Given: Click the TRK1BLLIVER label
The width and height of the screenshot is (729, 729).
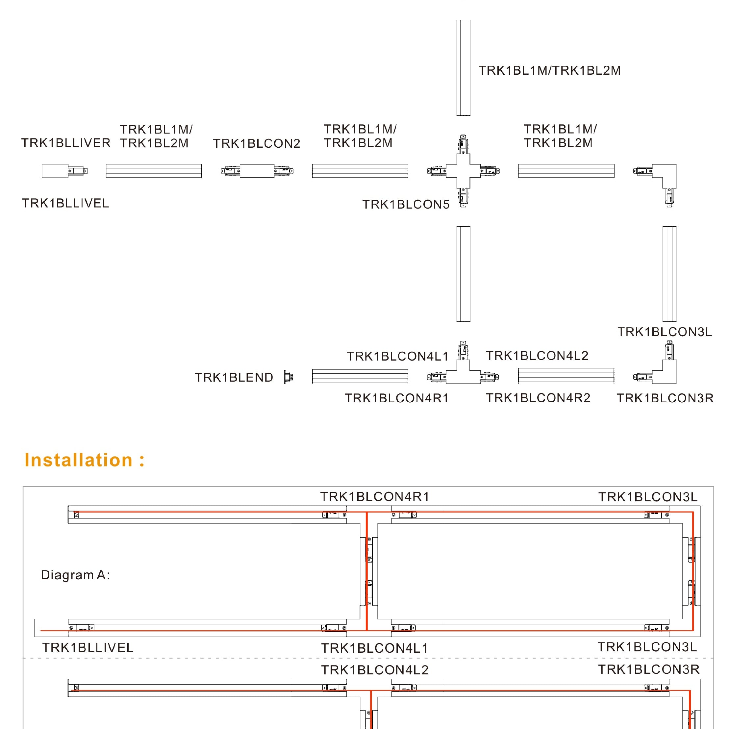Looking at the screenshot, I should (66, 143).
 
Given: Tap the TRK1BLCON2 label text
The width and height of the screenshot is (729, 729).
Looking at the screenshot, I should (257, 143).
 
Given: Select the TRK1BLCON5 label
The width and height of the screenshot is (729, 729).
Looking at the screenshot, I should (406, 205).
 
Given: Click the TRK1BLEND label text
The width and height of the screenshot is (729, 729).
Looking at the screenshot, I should (234, 377).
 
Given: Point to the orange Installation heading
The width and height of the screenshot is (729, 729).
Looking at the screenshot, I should (85, 460).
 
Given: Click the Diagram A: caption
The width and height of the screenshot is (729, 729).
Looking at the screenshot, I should (75, 575).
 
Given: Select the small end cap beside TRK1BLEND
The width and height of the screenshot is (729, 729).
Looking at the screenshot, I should (288, 377).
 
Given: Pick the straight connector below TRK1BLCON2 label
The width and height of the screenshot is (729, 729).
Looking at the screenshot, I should (257, 171).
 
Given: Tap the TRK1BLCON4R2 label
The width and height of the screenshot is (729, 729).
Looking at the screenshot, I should (538, 398).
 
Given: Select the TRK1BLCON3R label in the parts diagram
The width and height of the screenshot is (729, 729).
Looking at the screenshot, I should (665, 398).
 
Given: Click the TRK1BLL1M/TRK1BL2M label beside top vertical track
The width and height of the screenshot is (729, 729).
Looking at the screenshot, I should (549, 70).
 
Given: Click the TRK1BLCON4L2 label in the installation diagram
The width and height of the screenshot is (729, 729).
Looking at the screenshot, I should (375, 670).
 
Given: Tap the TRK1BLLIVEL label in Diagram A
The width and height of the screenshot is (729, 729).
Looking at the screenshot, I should (88, 647).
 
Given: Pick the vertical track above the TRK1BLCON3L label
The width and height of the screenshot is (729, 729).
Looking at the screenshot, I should (669, 274).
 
